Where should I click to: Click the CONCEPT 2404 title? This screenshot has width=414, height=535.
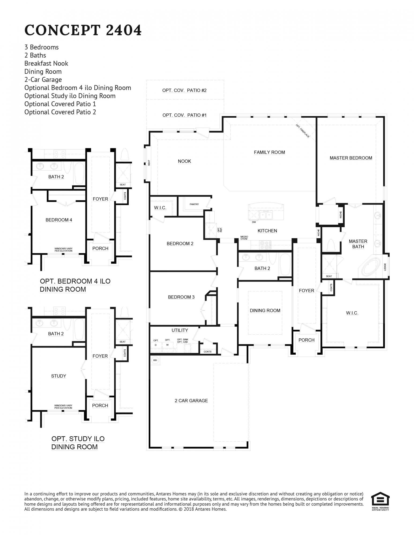click(x=83, y=30)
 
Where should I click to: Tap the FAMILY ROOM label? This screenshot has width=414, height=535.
click(x=269, y=152)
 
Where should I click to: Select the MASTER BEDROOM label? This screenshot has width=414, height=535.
click(x=351, y=158)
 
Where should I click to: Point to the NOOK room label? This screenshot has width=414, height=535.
click(x=184, y=161)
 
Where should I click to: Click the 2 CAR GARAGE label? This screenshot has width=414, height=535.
click(x=191, y=400)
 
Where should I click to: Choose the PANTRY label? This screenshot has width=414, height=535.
click(x=194, y=204)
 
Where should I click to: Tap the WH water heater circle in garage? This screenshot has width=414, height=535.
click(x=155, y=360)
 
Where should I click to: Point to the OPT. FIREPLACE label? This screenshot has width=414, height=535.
click(x=303, y=131)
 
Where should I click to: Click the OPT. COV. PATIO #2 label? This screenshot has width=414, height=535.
click(x=184, y=90)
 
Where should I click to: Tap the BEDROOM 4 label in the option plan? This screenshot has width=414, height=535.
click(x=59, y=220)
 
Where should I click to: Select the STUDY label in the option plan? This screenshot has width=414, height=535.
click(x=58, y=376)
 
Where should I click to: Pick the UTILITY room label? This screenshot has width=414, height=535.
click(x=180, y=330)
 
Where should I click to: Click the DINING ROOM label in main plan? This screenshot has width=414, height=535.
click(x=265, y=310)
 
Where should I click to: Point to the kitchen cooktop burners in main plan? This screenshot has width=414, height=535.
click(x=265, y=245)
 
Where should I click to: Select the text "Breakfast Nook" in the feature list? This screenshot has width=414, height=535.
click(x=46, y=63)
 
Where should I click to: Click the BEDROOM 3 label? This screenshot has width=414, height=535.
click(x=181, y=297)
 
